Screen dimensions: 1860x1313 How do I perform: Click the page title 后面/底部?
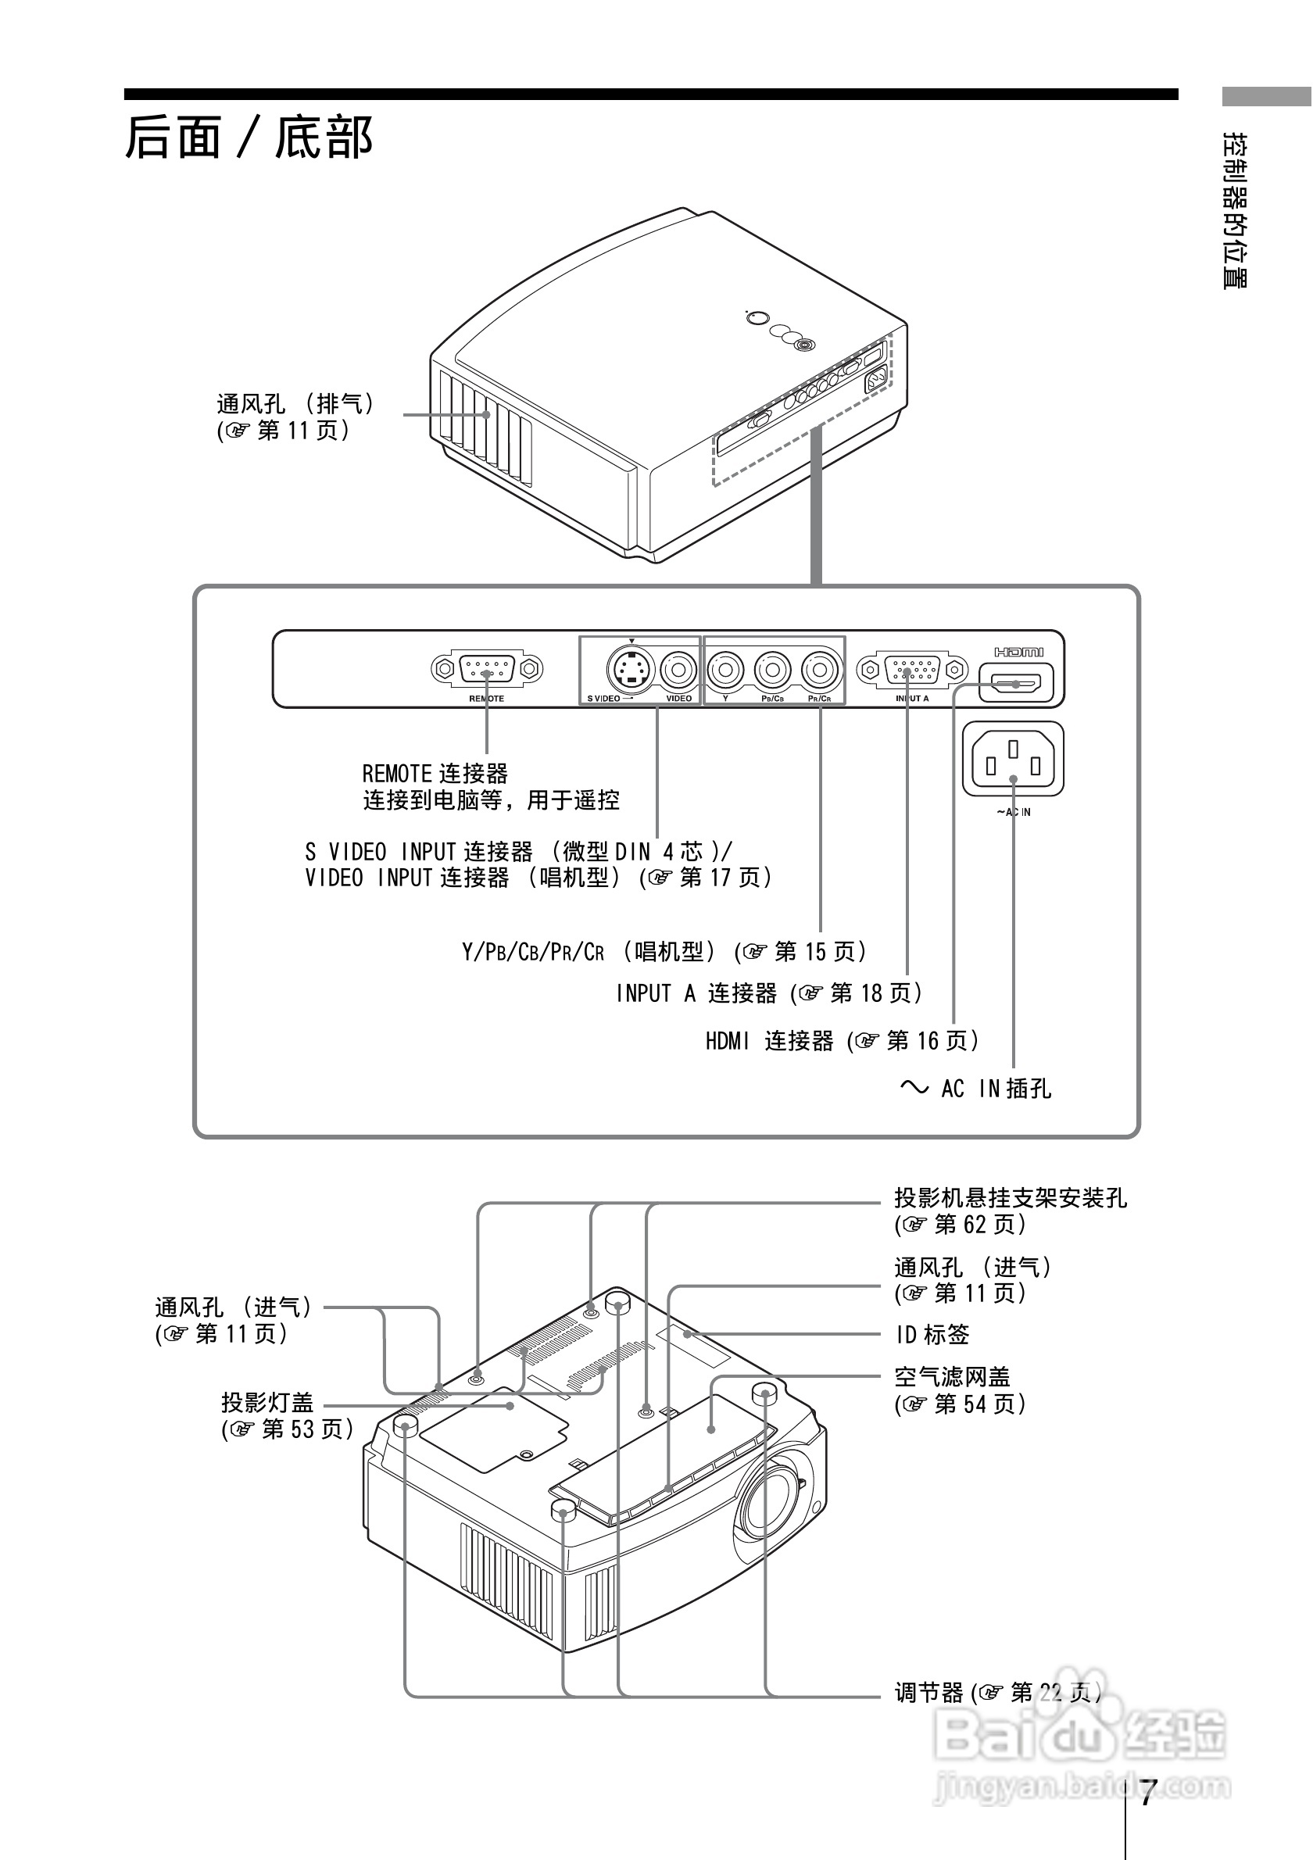(x=249, y=138)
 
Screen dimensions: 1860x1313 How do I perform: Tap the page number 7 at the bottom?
(x=1145, y=1794)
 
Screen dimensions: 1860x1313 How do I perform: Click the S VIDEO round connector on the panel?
(x=629, y=669)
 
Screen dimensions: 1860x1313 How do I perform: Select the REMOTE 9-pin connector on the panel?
(x=486, y=669)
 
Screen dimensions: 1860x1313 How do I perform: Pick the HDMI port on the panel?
(x=1016, y=683)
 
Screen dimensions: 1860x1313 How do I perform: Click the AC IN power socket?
(x=1012, y=759)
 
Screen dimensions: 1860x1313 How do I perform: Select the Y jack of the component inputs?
(x=725, y=669)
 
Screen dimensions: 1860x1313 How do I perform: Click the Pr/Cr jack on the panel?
(x=820, y=669)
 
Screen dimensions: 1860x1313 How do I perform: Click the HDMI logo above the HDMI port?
(x=1018, y=651)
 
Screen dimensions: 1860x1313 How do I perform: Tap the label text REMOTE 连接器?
(x=435, y=774)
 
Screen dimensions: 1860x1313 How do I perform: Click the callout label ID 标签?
(x=932, y=1334)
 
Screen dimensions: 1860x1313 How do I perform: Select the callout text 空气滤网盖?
(x=952, y=1377)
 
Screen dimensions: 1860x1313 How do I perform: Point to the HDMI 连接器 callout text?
(x=770, y=1041)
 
